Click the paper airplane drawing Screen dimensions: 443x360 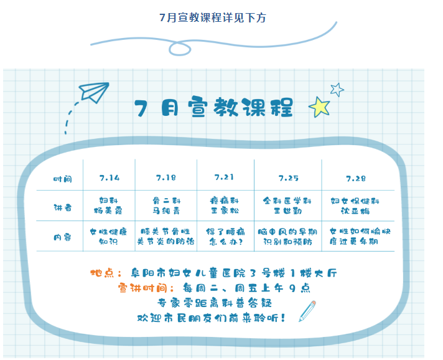[94, 92]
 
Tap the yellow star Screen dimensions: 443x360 [320, 107]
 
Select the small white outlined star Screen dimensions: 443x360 [337, 90]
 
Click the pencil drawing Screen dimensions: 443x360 [307, 311]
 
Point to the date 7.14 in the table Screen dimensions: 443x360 [110, 178]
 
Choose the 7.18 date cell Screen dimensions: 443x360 [166, 178]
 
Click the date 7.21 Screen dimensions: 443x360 [224, 177]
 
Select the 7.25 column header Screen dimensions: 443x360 [288, 178]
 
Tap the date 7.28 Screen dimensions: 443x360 [356, 179]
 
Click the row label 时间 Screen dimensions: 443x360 [62, 179]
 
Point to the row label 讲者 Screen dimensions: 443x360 [62, 207]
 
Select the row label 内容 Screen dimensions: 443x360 [62, 237]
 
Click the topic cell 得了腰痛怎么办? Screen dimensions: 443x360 [225, 237]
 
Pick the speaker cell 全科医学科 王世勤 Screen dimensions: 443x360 [287, 206]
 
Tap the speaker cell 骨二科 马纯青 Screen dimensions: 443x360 [166, 206]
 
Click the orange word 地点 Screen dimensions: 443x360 [102, 273]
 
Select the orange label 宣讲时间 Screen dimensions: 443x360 [142, 288]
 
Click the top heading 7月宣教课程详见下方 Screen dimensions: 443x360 [213, 17]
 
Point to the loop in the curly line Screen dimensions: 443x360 [180, 49]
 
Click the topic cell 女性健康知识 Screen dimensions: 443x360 [108, 237]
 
